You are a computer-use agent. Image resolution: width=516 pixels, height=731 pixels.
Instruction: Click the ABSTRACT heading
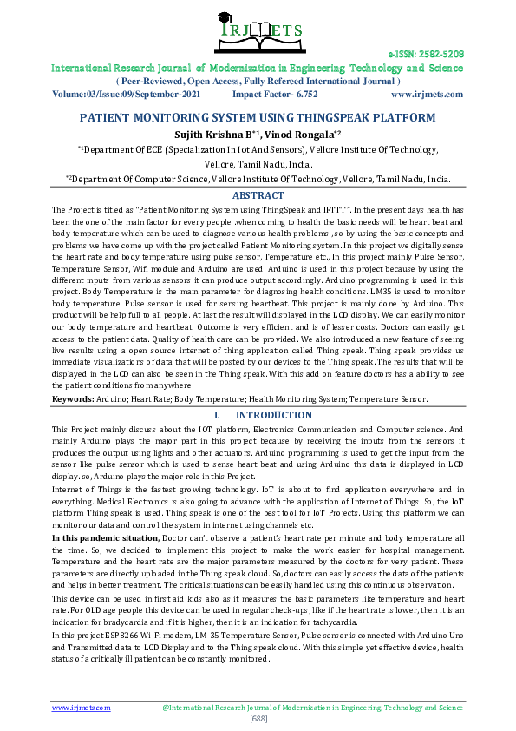258,196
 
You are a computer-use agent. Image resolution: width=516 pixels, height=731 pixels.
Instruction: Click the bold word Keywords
74,398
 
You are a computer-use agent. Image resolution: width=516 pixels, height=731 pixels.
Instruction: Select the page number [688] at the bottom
258,720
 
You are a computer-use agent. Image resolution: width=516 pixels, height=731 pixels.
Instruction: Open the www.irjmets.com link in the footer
82,708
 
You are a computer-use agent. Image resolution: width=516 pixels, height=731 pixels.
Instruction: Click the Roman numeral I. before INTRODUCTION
218,416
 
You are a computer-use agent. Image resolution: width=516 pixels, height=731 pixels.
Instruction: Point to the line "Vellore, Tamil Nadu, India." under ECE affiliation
258,164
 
